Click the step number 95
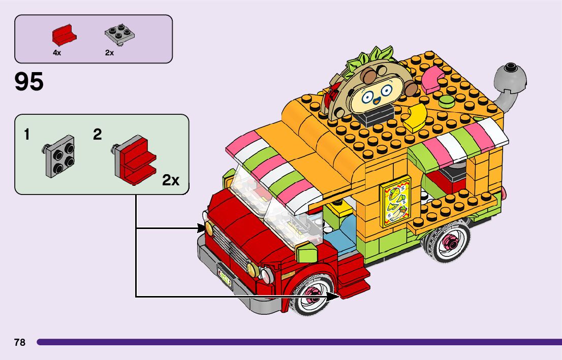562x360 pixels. [x=29, y=82]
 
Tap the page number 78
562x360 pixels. [x=20, y=342]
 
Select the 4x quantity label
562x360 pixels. [x=57, y=53]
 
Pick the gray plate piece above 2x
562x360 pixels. [x=119, y=34]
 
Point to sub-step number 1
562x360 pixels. [x=26, y=135]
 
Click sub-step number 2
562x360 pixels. [x=98, y=135]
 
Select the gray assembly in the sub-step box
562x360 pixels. [x=58, y=156]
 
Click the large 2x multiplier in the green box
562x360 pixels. [x=171, y=180]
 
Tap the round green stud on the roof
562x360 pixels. [x=446, y=100]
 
